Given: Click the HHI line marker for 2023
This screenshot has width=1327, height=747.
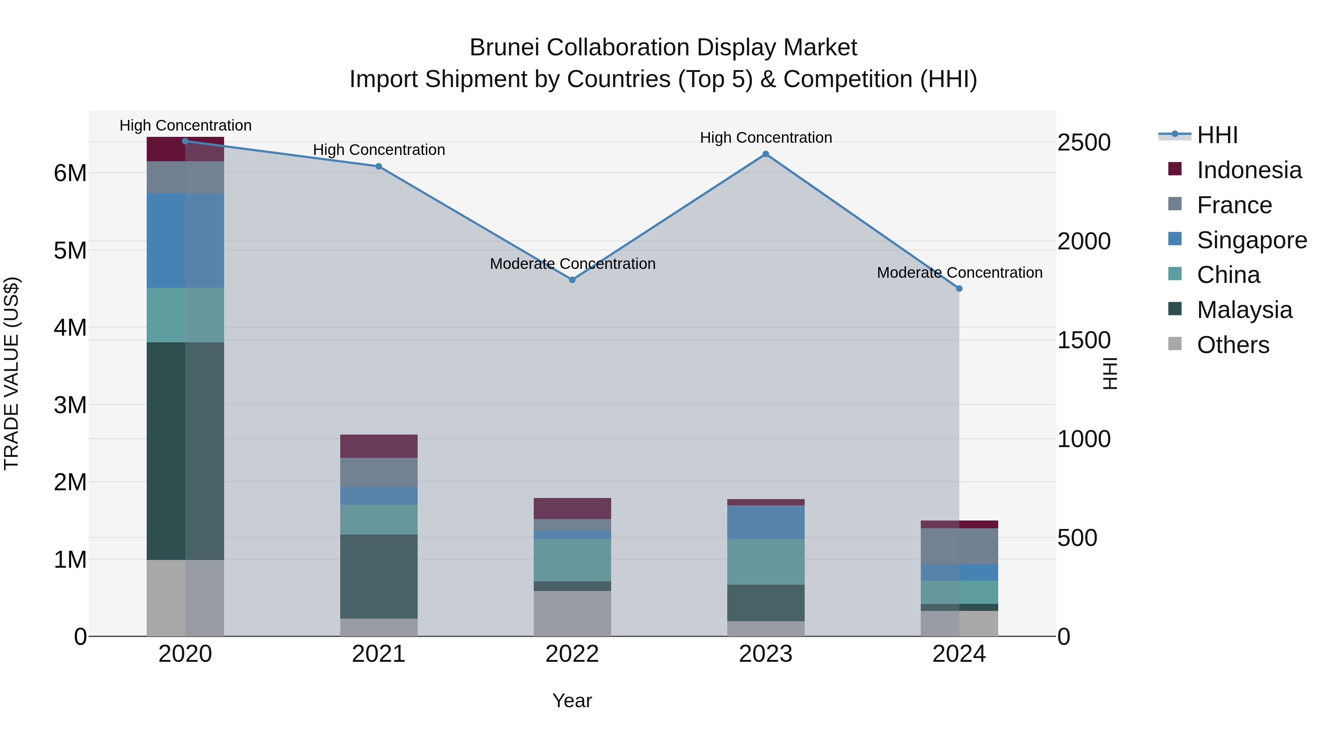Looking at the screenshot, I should [766, 154].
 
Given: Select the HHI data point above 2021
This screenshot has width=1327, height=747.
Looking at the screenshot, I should [379, 166].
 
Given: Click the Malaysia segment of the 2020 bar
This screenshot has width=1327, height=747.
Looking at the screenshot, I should [185, 451].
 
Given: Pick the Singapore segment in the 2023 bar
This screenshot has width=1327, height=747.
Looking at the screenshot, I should [766, 522].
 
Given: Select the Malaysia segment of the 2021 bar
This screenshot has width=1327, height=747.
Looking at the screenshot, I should [379, 576].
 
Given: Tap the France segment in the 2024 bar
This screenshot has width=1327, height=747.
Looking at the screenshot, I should [959, 546].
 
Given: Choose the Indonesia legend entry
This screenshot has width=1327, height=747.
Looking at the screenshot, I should [1249, 170].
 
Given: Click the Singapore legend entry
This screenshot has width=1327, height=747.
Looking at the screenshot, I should [1251, 240].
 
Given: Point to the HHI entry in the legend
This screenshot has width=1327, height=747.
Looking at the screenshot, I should [1217, 135].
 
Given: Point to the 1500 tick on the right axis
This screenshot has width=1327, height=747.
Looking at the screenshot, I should [1084, 340].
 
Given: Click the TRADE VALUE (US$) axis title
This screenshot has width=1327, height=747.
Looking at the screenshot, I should [12, 374].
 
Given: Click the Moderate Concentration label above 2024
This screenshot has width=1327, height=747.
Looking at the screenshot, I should [959, 273].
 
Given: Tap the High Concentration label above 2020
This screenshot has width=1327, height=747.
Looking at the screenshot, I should [185, 126].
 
